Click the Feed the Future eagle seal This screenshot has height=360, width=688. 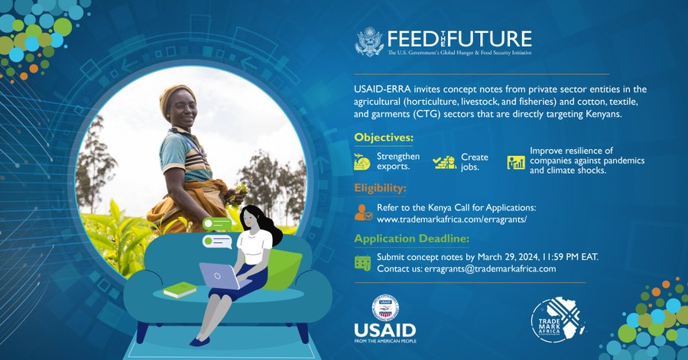point(369,42)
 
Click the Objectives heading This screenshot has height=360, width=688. point(384,138)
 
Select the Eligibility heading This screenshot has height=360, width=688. point(380,188)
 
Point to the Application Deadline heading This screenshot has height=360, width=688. point(411,238)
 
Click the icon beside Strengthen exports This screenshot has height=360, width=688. point(362,162)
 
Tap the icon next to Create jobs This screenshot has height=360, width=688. point(444,162)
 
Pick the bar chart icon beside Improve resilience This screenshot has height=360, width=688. point(516,162)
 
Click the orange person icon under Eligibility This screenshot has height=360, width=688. point(363,212)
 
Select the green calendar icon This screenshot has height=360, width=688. point(363,263)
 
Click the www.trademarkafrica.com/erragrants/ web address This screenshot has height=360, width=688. point(452,219)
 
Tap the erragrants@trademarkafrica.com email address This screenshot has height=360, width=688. point(490,269)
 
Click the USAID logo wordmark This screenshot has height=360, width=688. point(385,329)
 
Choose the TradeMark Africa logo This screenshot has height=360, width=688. point(557,320)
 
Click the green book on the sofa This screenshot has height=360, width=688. point(180,290)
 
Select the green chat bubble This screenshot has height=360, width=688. point(217,224)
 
